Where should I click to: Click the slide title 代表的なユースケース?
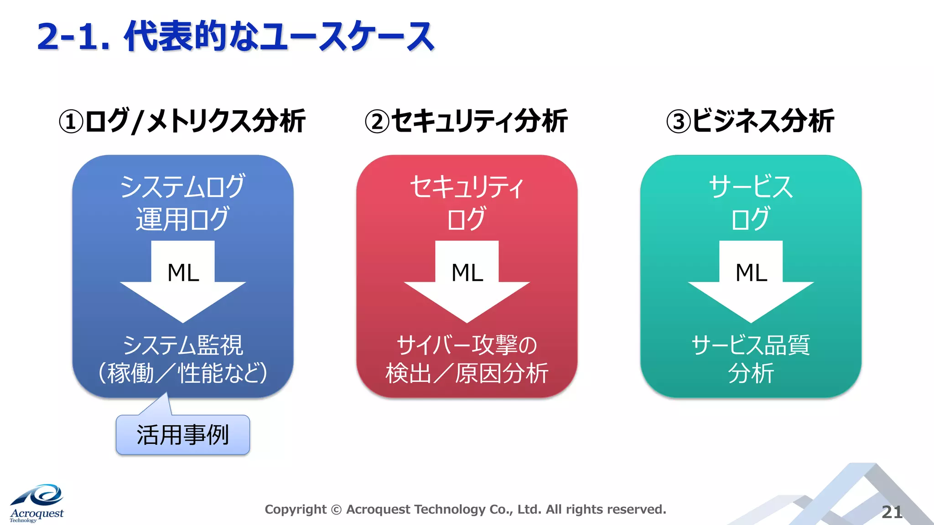coord(235,36)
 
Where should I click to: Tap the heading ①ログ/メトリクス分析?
coord(182,121)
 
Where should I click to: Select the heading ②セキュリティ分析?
coord(466,121)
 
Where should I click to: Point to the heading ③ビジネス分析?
coord(750,121)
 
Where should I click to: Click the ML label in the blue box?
coord(183,273)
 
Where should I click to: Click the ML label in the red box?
coord(467,273)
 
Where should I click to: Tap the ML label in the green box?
coord(751,273)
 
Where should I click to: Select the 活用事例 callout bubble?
coord(183,435)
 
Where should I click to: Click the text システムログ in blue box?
coord(182,187)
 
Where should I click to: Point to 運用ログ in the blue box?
coord(182,219)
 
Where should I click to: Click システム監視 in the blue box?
coord(182,345)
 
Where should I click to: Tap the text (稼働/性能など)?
coord(182,373)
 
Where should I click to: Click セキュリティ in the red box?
coord(467,187)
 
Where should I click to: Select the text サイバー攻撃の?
coord(467,345)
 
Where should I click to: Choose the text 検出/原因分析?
coord(467,373)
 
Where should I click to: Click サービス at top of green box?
coord(751,187)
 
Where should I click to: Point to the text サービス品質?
coord(751,345)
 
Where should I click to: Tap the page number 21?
coord(892,512)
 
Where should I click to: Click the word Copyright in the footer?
coord(296,510)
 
